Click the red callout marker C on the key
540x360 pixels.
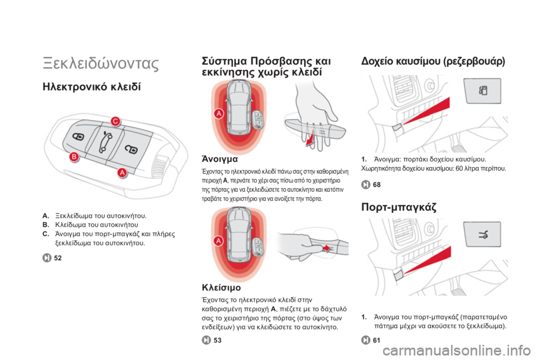(x=115, y=121)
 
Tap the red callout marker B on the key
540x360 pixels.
(x=74, y=157)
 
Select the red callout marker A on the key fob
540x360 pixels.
(x=122, y=173)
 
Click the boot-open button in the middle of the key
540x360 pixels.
(x=105, y=142)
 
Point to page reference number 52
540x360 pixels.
(x=58, y=258)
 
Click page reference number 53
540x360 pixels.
(x=217, y=340)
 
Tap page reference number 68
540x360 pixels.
(x=377, y=184)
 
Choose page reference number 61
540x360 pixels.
(x=376, y=340)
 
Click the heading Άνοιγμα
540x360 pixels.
(x=220, y=159)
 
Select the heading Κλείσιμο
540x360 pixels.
(x=221, y=287)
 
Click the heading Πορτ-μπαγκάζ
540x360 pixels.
(x=399, y=207)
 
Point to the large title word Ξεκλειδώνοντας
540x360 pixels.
(x=101, y=64)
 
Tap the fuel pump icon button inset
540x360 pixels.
(x=483, y=91)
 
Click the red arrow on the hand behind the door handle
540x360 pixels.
(x=311, y=138)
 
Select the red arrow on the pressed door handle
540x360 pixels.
(x=326, y=248)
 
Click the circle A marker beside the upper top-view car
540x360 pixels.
(x=219, y=113)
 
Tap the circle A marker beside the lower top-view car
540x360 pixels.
(x=219, y=241)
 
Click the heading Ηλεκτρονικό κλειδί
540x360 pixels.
(x=92, y=87)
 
